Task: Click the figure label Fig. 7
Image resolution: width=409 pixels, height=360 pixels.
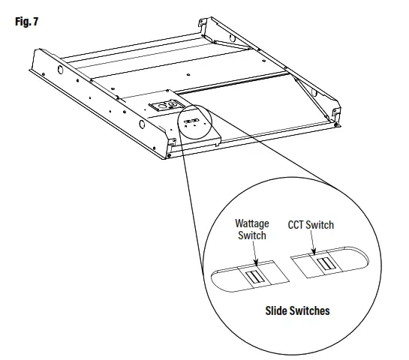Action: click(x=26, y=21)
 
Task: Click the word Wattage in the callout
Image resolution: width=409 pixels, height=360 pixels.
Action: click(x=252, y=223)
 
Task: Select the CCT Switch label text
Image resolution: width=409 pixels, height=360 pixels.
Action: click(x=311, y=224)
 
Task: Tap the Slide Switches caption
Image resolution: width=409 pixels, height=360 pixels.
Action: click(x=297, y=310)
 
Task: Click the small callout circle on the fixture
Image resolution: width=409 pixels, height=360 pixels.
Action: click(x=194, y=121)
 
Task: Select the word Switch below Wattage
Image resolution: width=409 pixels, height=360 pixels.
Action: click(x=251, y=235)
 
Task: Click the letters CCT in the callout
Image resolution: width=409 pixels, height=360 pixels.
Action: click(x=298, y=224)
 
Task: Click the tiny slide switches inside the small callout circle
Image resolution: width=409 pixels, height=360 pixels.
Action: click(x=191, y=120)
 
